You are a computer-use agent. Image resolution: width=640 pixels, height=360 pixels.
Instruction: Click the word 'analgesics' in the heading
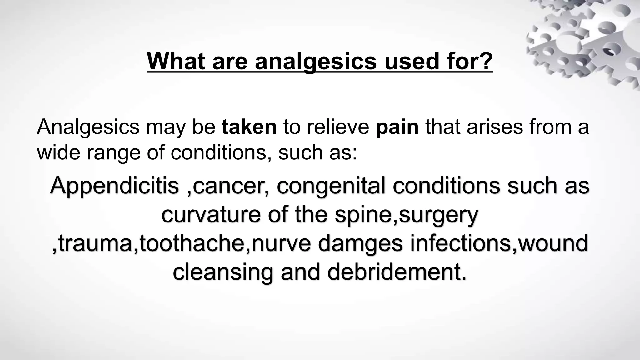(x=316, y=61)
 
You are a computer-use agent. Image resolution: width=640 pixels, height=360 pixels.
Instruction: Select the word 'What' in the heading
(x=176, y=61)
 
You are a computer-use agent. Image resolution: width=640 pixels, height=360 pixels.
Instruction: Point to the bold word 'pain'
(x=397, y=127)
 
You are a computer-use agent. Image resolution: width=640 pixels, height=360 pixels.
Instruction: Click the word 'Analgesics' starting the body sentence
(x=88, y=127)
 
